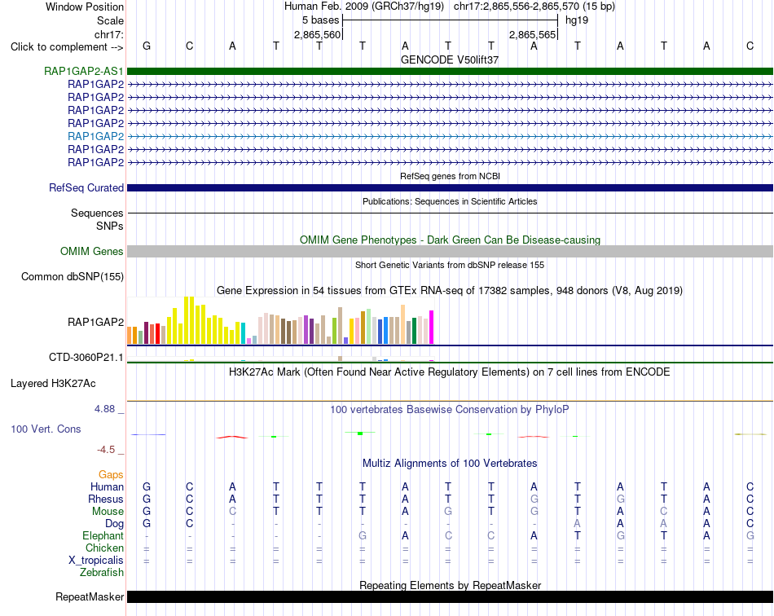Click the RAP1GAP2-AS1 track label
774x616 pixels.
pyautogui.click(x=83, y=71)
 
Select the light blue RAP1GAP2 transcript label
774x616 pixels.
pyautogui.click(x=96, y=136)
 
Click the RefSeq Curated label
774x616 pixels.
pyautogui.click(x=86, y=187)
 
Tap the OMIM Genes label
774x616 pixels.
pyautogui.click(x=92, y=251)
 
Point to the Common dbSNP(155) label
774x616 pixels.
pyautogui.click(x=73, y=276)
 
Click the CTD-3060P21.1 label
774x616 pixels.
pyautogui.click(x=86, y=357)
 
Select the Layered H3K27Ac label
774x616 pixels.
pyautogui.click(x=53, y=384)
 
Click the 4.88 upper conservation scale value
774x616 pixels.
pyautogui.click(x=104, y=409)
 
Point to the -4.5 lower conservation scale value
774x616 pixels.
pyautogui.click(x=106, y=449)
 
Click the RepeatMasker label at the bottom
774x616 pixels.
pyautogui.click(x=90, y=596)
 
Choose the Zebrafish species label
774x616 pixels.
pyautogui.click(x=102, y=573)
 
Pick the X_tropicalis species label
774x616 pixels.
pyautogui.click(x=96, y=561)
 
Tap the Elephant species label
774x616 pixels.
pyautogui.click(x=103, y=535)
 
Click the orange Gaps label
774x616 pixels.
pyautogui.click(x=111, y=474)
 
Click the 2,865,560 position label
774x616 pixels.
pyautogui.click(x=318, y=34)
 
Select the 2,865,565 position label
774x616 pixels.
pyautogui.click(x=533, y=34)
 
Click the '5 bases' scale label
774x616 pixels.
pyautogui.click(x=321, y=20)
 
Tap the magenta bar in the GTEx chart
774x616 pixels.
pyautogui.click(x=432, y=327)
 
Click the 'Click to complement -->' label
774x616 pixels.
pyautogui.click(x=67, y=47)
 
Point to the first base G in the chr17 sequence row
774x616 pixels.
pyautogui.click(x=147, y=46)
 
